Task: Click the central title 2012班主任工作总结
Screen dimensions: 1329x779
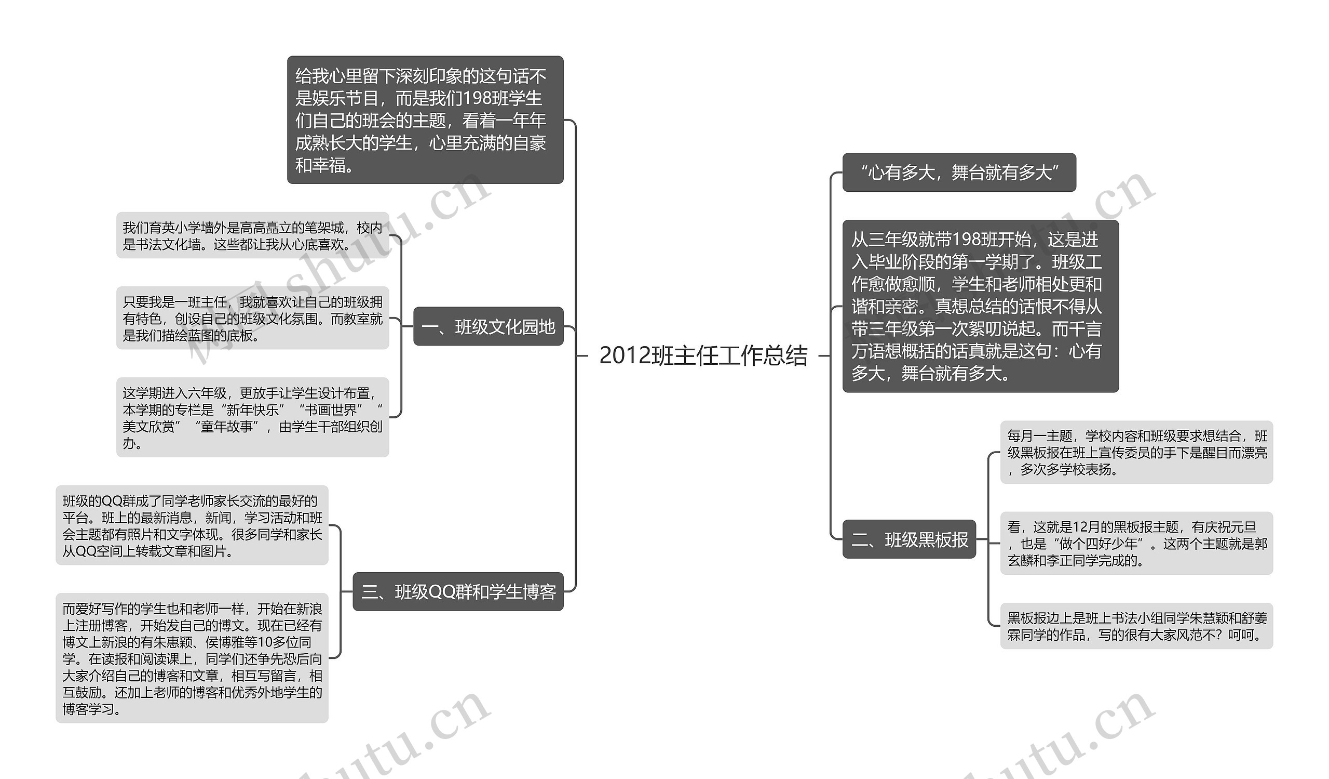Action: click(x=703, y=356)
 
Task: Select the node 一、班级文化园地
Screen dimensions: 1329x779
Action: click(x=489, y=327)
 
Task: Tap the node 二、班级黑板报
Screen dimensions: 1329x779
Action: click(x=909, y=539)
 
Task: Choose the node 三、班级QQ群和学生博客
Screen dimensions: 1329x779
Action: click(x=458, y=591)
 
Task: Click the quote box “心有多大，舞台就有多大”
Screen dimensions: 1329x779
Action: click(x=959, y=173)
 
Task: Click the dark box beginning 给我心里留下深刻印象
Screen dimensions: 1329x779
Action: click(x=425, y=121)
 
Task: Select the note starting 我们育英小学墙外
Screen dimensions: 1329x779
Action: click(x=252, y=236)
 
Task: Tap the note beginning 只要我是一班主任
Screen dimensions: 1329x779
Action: click(x=252, y=318)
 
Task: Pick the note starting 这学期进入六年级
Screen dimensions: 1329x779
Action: click(x=252, y=417)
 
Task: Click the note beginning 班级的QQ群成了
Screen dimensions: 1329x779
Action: click(x=192, y=526)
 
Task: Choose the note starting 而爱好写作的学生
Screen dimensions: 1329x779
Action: click(x=192, y=658)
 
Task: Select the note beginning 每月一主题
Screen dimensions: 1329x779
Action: click(x=1136, y=452)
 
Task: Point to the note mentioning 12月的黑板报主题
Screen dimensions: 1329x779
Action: click(x=1136, y=544)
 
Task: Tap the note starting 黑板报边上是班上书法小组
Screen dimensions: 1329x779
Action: click(x=1136, y=626)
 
